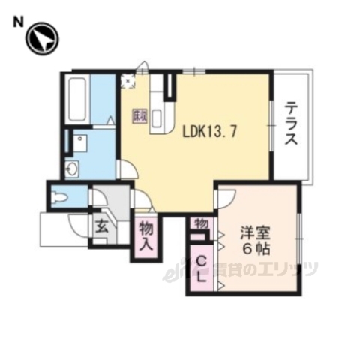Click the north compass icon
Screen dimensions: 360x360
[42, 38]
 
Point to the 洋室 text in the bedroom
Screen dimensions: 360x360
[255, 232]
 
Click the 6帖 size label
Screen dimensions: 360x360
[255, 248]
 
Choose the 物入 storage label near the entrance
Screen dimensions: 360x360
[146, 237]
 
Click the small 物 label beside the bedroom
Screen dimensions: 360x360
[200, 224]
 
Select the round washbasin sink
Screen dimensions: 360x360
[73, 169]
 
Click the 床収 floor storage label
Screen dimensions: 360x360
[139, 115]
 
